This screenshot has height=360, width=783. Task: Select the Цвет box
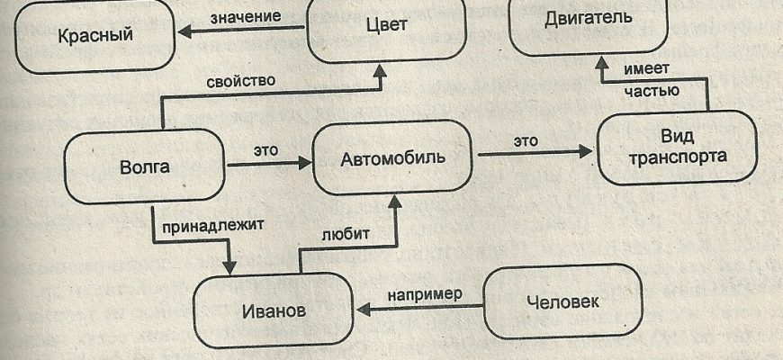[x=387, y=25]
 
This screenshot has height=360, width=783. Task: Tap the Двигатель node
[x=589, y=18]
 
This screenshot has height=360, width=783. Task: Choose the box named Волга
[x=145, y=166]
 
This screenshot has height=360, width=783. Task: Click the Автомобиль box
[x=393, y=158]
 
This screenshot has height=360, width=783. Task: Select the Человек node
[x=562, y=301]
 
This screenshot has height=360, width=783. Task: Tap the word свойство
[x=242, y=80]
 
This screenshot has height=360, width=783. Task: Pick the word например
[x=425, y=294]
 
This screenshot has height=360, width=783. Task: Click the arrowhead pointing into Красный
[x=184, y=33]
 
